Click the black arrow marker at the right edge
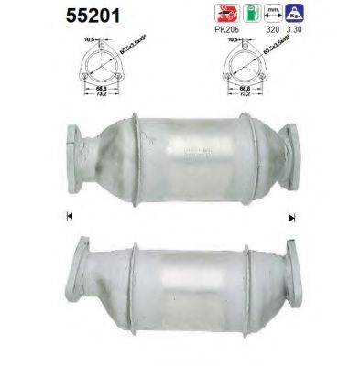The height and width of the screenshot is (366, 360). pos(292,218)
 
